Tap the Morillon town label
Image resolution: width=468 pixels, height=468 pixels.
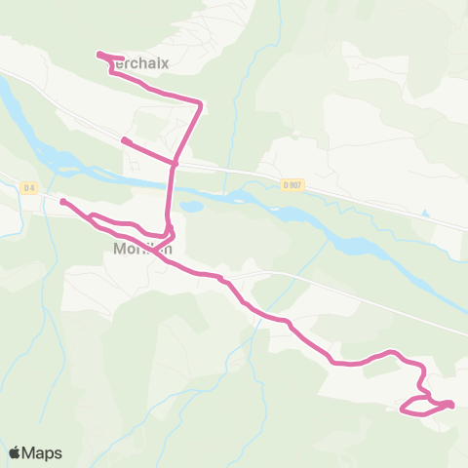[x=141, y=249]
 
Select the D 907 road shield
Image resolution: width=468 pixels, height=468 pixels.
[x=292, y=184]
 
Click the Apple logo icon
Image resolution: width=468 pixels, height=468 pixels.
[x=15, y=452]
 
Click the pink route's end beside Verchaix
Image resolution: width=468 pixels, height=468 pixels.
[x=100, y=55]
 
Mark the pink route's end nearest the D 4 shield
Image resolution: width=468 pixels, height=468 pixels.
[x=62, y=202]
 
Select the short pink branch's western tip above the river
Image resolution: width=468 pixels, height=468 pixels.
[x=124, y=140]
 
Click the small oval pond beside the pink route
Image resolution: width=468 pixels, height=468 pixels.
[x=191, y=207]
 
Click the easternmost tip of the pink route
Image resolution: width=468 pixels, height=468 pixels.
[x=452, y=404]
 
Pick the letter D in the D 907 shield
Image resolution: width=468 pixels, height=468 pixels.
[x=286, y=184]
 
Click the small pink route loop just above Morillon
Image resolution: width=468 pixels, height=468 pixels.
[x=169, y=233]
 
